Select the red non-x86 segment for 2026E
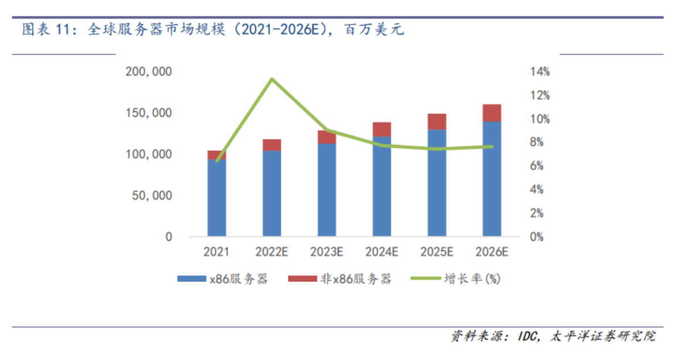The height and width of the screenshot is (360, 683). tap(491, 113)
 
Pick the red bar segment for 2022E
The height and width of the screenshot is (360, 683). tap(271, 145)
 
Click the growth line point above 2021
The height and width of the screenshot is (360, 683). tap(217, 160)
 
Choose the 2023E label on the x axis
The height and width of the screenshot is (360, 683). tap(327, 252)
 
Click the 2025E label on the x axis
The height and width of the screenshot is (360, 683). tap(437, 252)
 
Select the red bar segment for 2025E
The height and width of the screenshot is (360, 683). tap(437, 121)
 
